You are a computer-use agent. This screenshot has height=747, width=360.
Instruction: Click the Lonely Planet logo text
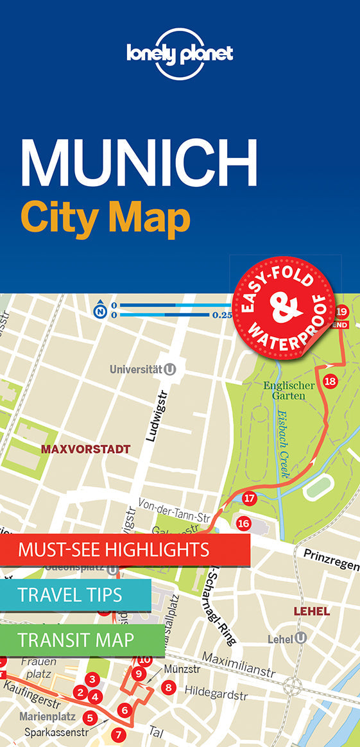[179, 53]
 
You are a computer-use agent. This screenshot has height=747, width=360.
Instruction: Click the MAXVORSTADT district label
[85, 449]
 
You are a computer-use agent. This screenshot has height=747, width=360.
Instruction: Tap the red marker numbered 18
[330, 381]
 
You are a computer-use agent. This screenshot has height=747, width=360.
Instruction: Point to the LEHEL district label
[312, 611]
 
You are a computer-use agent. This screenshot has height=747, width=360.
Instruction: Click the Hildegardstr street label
[216, 693]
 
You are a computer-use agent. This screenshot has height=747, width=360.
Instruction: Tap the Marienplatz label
[47, 717]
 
